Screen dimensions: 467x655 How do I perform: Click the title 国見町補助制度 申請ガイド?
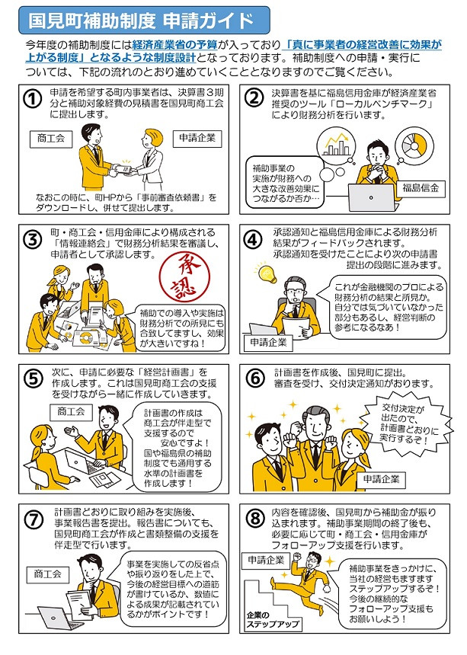click(141, 20)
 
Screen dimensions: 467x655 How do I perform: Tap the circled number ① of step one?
click(33, 100)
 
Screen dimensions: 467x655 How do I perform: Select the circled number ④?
click(253, 239)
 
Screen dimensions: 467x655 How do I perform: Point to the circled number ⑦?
click(33, 519)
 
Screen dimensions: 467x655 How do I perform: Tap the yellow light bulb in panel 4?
click(266, 273)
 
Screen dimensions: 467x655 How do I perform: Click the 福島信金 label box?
click(421, 188)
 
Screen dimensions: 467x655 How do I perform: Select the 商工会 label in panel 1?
click(51, 139)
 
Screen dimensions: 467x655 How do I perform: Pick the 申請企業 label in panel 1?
click(197, 139)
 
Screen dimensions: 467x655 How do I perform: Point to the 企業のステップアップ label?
click(273, 620)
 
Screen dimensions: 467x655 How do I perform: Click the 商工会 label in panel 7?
click(48, 574)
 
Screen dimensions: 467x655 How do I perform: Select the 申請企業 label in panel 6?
click(382, 479)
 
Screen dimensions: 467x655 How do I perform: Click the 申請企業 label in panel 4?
click(269, 343)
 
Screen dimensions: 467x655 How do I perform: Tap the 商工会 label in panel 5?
click(71, 412)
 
